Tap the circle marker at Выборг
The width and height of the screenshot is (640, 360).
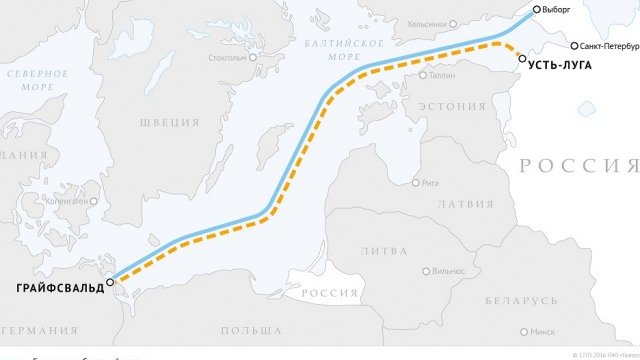pyautogui.click(x=538, y=9)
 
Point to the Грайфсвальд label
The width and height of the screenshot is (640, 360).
pyautogui.click(x=57, y=289)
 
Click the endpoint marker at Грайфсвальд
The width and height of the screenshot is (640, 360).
pyautogui.click(x=111, y=282)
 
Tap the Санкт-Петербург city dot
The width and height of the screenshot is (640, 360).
pyautogui.click(x=574, y=46)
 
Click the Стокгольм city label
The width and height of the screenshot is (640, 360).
pyautogui.click(x=227, y=57)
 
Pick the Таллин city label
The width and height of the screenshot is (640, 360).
pyautogui.click(x=442, y=75)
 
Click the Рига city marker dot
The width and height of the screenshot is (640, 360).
pyautogui.click(x=416, y=183)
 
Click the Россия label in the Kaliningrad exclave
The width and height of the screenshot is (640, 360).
pyautogui.click(x=330, y=292)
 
